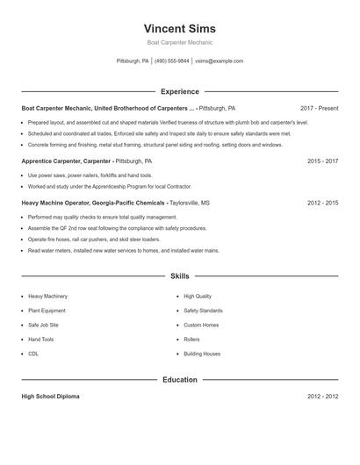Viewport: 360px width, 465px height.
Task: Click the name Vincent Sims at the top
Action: pyautogui.click(x=179, y=29)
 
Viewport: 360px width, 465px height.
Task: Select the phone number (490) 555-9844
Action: pyautogui.click(x=172, y=61)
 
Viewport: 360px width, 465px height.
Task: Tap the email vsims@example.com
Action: pyautogui.click(x=219, y=61)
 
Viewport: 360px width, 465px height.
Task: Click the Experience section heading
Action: pyautogui.click(x=179, y=91)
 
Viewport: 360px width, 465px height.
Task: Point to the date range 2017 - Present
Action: pyautogui.click(x=319, y=108)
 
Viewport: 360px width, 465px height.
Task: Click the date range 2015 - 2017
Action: pyautogui.click(x=322, y=161)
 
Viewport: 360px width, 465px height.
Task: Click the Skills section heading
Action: pyautogui.click(x=179, y=275)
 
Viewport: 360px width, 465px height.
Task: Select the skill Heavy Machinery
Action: pyautogui.click(x=47, y=297)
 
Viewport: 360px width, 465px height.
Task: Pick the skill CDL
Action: pyautogui.click(x=33, y=354)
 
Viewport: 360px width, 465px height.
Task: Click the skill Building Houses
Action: pyautogui.click(x=202, y=354)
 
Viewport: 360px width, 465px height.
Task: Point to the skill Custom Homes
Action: pyautogui.click(x=201, y=325)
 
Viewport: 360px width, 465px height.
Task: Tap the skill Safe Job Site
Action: pyautogui.click(x=44, y=325)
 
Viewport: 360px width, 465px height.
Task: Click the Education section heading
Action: pyautogui.click(x=179, y=380)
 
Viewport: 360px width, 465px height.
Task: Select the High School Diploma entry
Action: pyautogui.click(x=51, y=397)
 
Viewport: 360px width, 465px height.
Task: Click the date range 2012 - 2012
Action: pyautogui.click(x=322, y=397)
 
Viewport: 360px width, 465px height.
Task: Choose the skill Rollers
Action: pyautogui.click(x=191, y=339)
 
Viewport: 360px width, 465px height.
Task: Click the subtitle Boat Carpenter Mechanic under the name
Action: pyautogui.click(x=179, y=42)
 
